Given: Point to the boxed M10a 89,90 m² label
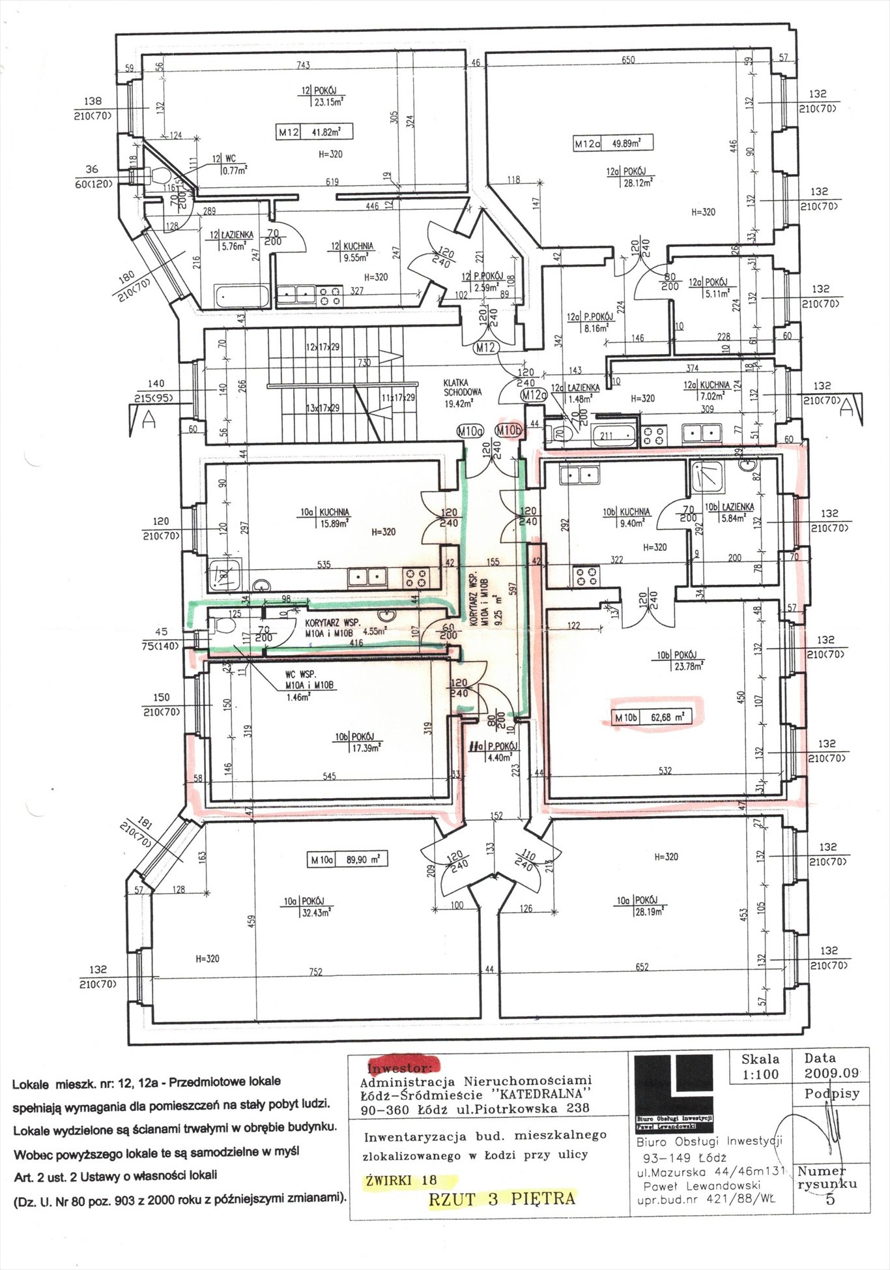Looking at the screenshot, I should point(348,860).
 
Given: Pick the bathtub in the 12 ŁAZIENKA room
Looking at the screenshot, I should point(240,297).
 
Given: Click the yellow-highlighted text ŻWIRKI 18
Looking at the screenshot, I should point(402,1180).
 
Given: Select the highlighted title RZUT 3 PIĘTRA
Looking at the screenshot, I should point(502,1198).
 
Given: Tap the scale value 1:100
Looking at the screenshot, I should point(760,1074).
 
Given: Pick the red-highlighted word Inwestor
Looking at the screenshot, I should point(399,1068).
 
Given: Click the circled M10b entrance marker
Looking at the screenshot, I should point(508,430).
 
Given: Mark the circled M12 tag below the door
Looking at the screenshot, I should point(485,347).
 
